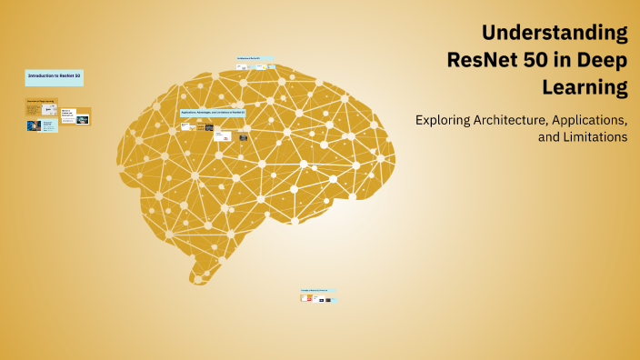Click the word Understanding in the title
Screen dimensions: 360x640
[x=555, y=34]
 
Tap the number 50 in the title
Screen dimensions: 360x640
[x=530, y=61]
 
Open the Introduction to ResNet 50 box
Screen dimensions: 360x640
[x=55, y=76]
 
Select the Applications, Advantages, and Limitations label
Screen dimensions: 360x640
[x=213, y=113]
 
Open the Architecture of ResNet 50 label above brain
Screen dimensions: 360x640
[x=255, y=58]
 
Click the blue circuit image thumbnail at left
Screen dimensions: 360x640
[x=34, y=126]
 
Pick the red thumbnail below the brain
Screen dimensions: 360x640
[x=307, y=297]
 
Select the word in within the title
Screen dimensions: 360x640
[x=562, y=61]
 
